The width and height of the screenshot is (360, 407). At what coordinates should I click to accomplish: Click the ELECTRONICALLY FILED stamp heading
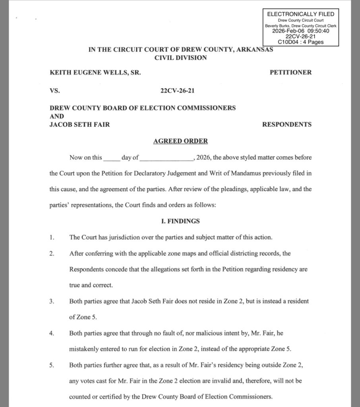click(x=300, y=14)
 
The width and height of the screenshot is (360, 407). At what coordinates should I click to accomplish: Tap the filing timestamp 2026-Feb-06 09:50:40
click(x=300, y=31)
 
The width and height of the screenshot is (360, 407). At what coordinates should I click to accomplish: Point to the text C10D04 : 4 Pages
click(x=300, y=42)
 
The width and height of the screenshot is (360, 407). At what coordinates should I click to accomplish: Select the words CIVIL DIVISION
click(x=181, y=58)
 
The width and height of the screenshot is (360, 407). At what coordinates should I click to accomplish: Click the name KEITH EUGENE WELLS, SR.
click(x=95, y=72)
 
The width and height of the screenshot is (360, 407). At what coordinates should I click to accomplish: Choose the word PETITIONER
click(x=290, y=72)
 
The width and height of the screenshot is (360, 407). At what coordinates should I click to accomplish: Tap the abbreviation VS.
click(x=54, y=91)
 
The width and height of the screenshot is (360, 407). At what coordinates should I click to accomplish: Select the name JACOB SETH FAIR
click(x=79, y=124)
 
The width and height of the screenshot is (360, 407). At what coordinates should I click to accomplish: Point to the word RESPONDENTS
click(x=287, y=124)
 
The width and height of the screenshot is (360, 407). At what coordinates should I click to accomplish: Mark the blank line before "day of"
click(x=111, y=158)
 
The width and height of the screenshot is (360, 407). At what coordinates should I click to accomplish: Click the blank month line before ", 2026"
click(x=166, y=158)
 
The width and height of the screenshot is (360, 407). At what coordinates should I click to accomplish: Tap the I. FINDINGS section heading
click(x=180, y=221)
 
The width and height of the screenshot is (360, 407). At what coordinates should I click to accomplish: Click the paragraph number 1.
click(x=52, y=238)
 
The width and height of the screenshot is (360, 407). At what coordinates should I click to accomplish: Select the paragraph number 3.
click(x=52, y=301)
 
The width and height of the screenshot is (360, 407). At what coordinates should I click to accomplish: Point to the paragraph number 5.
click(x=52, y=365)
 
